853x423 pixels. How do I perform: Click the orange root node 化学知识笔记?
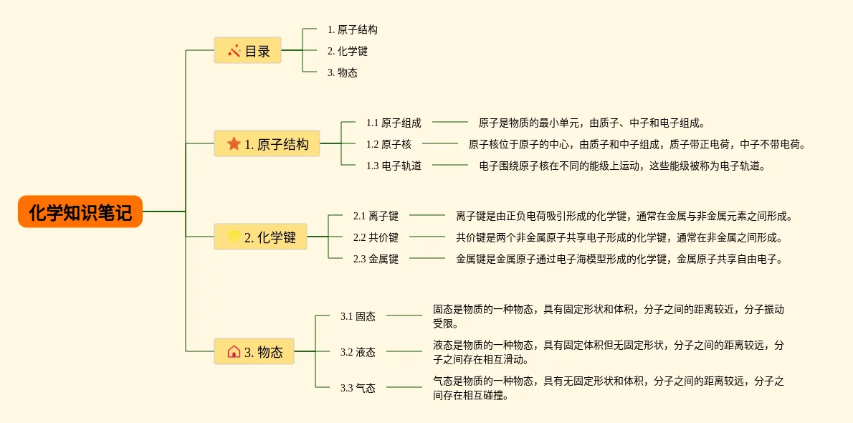point(80,212)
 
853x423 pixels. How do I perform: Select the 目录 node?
point(247,50)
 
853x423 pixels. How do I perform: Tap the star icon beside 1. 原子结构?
point(234,143)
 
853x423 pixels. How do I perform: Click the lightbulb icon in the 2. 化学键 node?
point(234,237)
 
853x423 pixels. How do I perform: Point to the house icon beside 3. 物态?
point(234,351)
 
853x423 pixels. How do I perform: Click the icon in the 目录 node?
point(234,50)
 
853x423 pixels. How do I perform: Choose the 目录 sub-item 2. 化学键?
point(348,51)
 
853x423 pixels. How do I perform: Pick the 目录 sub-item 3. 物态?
point(343,72)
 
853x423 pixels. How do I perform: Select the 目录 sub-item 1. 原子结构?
point(353,29)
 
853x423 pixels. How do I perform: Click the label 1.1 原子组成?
point(394,123)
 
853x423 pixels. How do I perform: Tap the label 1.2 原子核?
point(389,144)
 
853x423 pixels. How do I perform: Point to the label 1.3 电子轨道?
point(394,166)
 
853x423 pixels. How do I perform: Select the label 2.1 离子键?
point(376,215)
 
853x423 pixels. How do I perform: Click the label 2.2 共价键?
point(376,237)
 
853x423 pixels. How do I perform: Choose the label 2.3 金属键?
point(376,259)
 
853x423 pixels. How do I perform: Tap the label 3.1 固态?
point(358,316)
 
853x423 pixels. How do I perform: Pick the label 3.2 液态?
point(358,352)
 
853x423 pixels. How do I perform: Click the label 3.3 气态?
point(358,388)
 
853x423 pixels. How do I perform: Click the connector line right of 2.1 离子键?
point(427,215)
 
